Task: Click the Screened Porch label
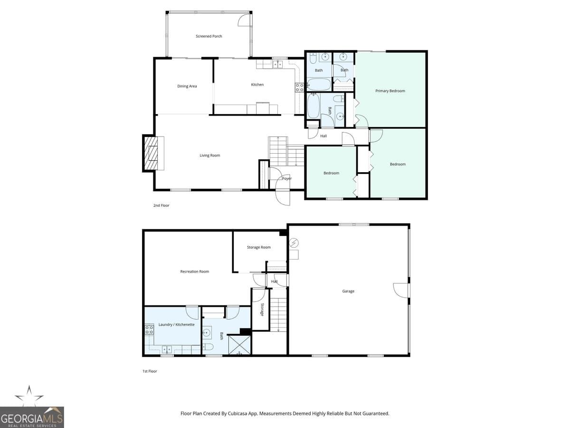[209, 36]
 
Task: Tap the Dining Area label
[187, 86]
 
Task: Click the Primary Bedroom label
[390, 91]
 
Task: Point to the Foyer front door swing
[283, 197]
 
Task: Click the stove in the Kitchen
[300, 87]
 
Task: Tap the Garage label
[348, 291]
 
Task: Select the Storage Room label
[259, 247]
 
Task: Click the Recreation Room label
[195, 272]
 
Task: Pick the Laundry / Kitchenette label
[177, 324]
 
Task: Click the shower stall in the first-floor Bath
[239, 345]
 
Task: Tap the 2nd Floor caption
[161, 205]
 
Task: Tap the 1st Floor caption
[149, 371]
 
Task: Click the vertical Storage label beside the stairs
[262, 310]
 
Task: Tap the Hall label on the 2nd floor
[323, 136]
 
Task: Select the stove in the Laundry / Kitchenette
[149, 329]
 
